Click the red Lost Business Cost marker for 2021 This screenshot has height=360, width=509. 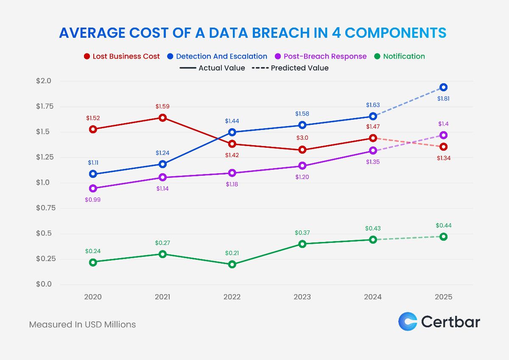click(x=162, y=118)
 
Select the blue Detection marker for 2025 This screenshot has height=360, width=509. click(x=443, y=87)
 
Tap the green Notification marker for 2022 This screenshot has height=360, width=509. click(x=232, y=264)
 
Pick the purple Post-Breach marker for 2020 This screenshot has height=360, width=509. click(x=93, y=188)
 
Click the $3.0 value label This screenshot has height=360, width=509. click(x=302, y=138)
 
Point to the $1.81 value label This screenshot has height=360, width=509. click(x=443, y=98)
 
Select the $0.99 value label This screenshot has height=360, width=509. click(x=93, y=200)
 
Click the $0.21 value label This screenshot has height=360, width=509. click(x=232, y=253)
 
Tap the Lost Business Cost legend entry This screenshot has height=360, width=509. click(x=122, y=56)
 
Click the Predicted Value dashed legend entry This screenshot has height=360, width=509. click(x=290, y=68)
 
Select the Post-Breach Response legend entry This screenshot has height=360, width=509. click(x=321, y=56)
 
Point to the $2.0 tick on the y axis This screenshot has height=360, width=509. click(x=43, y=81)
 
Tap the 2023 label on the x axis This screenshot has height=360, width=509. click(x=302, y=297)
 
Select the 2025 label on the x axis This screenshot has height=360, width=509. click(x=443, y=297)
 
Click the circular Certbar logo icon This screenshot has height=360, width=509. click(x=408, y=321)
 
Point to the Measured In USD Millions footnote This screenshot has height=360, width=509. click(x=82, y=324)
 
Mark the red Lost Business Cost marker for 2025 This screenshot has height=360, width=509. click(x=443, y=146)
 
